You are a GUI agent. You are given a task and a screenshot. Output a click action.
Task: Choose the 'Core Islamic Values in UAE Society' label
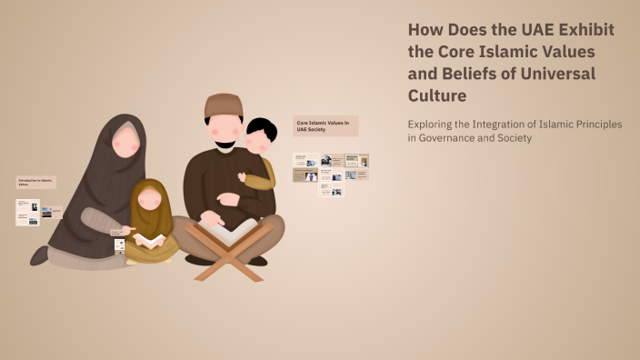pos(325,125)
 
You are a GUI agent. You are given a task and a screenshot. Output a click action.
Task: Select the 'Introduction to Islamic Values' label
pos(36,182)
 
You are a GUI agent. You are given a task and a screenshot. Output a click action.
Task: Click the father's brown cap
pos(224,105)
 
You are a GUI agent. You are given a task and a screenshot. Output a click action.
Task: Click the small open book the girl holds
pos(152,240)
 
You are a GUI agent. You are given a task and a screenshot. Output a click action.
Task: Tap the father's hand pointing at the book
pos(211,219)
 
